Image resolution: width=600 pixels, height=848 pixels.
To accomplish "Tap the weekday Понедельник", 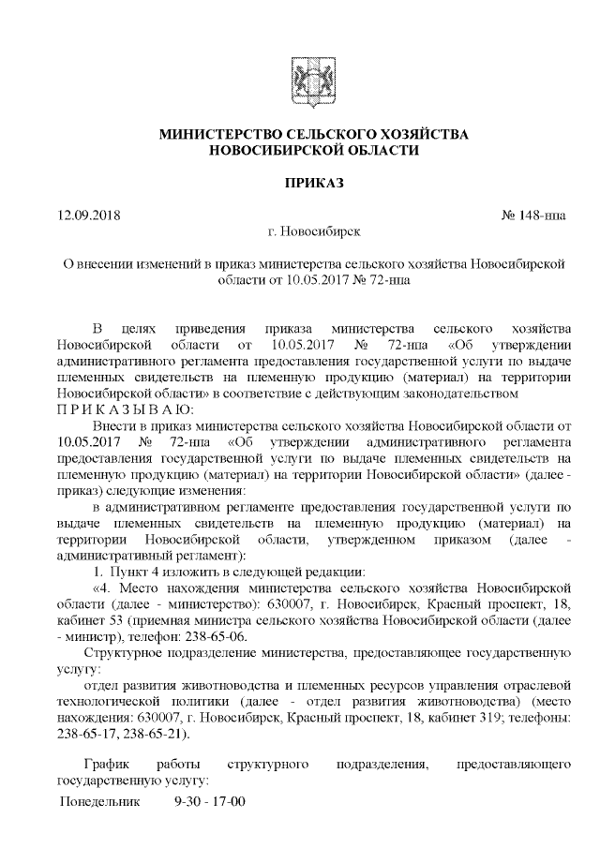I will click(100, 803).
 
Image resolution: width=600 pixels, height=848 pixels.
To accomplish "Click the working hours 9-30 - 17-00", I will click(210, 803).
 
